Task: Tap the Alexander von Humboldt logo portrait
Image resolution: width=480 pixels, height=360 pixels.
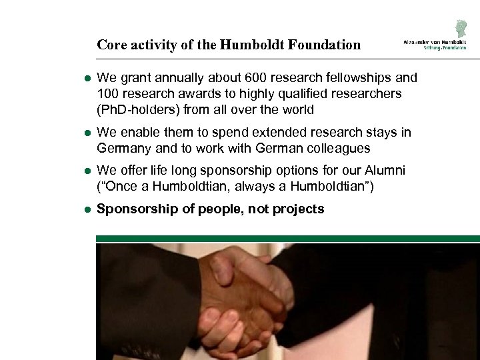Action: click(x=459, y=28)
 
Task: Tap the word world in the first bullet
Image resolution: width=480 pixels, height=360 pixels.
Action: click(x=297, y=109)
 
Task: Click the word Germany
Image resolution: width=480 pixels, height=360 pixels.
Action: click(x=125, y=148)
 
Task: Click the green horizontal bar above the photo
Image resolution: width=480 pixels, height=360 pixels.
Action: click(x=287, y=238)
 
